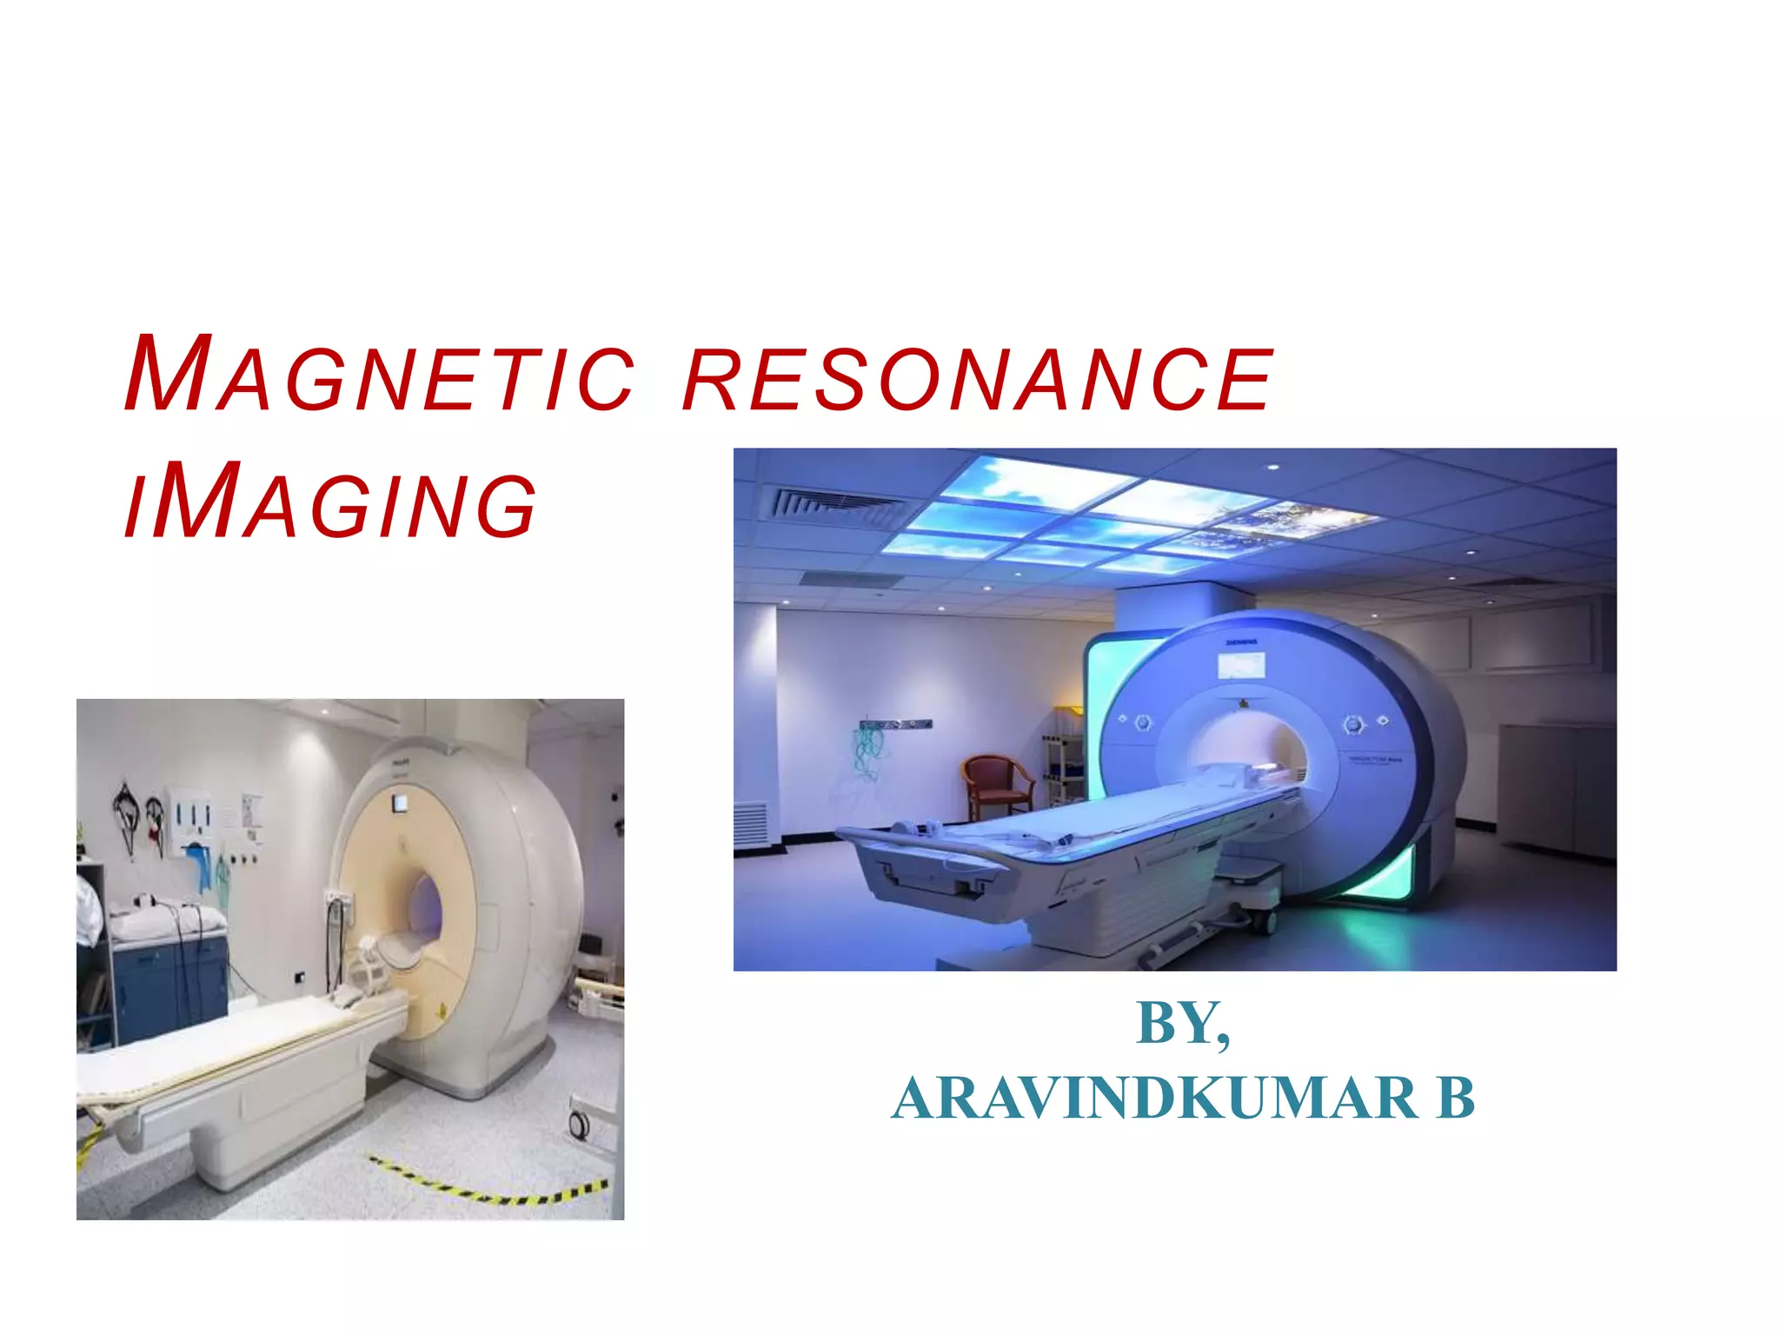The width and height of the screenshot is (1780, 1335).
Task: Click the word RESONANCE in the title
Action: click(978, 378)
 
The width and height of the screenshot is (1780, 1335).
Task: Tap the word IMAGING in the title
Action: click(330, 503)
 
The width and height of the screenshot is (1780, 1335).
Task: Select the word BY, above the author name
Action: click(1183, 1024)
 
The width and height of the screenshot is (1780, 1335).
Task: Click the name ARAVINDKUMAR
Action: click(1155, 1099)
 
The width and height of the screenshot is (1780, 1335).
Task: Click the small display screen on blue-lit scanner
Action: click(1240, 666)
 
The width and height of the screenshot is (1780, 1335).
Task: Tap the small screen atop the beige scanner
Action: click(399, 803)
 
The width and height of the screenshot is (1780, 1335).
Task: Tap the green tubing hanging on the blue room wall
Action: click(866, 752)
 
